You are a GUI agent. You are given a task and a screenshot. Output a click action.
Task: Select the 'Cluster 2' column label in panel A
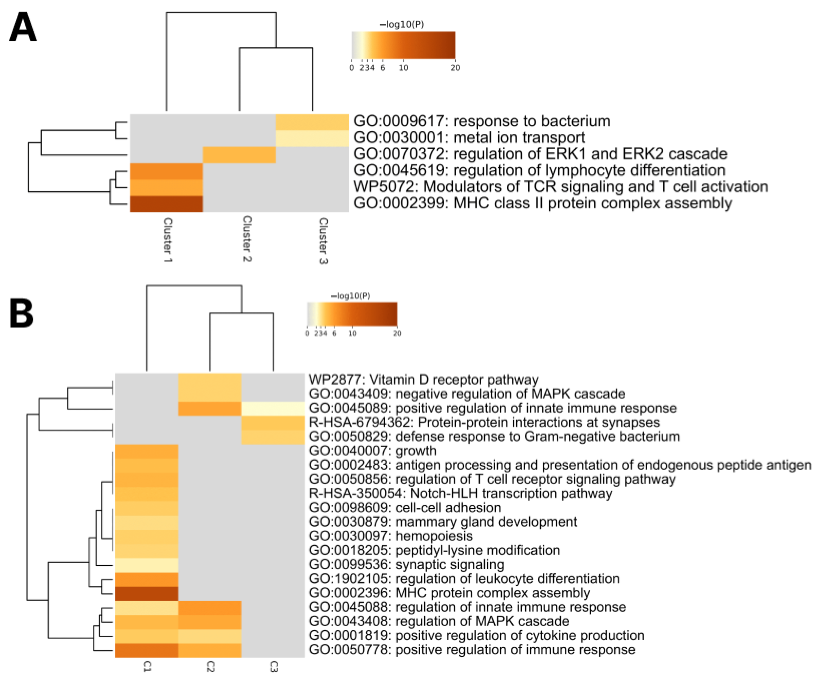[x=246, y=239]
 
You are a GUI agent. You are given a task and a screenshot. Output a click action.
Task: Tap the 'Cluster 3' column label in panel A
[x=323, y=241]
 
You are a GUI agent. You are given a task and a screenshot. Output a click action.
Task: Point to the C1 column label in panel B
[x=147, y=666]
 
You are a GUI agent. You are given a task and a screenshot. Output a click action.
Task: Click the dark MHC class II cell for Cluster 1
[x=166, y=204]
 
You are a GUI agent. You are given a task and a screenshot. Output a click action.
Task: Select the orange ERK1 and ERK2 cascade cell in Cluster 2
[x=239, y=155]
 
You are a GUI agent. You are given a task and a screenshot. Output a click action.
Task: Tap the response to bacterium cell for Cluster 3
[x=312, y=122]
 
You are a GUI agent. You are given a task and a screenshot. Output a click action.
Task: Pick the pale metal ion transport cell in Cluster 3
[x=312, y=138]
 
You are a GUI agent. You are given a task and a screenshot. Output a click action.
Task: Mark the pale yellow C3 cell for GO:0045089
[x=273, y=409]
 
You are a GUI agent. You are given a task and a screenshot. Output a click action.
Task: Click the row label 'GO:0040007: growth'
[x=372, y=451]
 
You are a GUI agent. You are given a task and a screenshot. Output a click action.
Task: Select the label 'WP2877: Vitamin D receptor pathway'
[x=423, y=380]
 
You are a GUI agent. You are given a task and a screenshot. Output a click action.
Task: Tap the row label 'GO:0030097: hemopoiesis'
[x=390, y=536]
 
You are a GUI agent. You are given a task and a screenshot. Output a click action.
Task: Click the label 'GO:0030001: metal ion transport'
[x=469, y=138]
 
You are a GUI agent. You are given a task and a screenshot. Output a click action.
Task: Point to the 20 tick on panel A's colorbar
[x=455, y=68]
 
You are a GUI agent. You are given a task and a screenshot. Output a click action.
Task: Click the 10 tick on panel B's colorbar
[x=352, y=333]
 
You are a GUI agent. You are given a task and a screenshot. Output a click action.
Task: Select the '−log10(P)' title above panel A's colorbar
[x=401, y=25]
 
